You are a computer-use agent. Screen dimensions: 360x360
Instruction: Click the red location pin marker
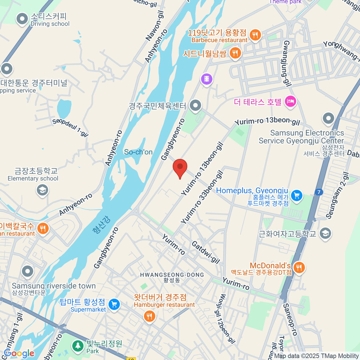point(180,167)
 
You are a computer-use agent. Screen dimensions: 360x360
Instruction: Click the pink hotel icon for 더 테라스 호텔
point(290,101)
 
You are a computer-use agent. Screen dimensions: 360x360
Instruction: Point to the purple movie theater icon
point(206,79)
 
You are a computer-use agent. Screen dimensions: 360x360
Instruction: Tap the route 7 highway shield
point(319,192)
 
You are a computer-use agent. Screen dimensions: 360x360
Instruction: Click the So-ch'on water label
point(138,152)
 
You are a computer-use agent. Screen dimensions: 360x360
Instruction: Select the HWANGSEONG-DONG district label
point(172,275)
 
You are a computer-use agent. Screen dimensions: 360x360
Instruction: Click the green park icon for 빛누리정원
point(78,346)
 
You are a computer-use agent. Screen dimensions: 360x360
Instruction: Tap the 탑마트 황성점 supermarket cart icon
point(114,304)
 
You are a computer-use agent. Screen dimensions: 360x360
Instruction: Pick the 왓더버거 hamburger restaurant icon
point(149,316)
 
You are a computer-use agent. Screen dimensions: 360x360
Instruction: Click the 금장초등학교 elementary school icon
point(42,190)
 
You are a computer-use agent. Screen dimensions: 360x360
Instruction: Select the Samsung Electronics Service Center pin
point(328,118)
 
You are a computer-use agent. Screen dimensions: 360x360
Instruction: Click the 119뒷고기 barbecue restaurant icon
point(255,35)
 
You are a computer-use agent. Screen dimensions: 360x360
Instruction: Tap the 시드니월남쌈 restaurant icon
point(235,53)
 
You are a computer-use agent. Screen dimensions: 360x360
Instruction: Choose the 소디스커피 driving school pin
point(22,19)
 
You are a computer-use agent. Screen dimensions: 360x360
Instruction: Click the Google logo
point(19,353)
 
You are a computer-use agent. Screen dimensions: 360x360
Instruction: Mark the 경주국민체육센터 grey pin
point(196,105)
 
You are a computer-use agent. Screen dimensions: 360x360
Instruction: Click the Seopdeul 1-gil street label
point(70,127)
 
